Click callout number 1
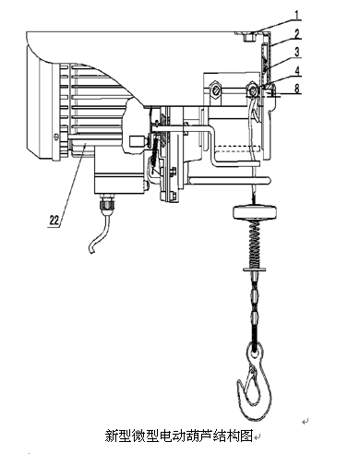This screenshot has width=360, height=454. click(x=297, y=15)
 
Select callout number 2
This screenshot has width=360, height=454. click(x=296, y=33)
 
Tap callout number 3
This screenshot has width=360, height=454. click(x=297, y=52)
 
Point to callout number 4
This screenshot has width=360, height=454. click(x=297, y=71)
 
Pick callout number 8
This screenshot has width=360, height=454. click(x=297, y=89)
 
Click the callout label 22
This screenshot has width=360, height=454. click(x=54, y=220)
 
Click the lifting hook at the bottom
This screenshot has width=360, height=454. click(x=255, y=381)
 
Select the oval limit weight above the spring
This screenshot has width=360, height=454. click(x=255, y=212)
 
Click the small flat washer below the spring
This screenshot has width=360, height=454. click(x=255, y=269)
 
